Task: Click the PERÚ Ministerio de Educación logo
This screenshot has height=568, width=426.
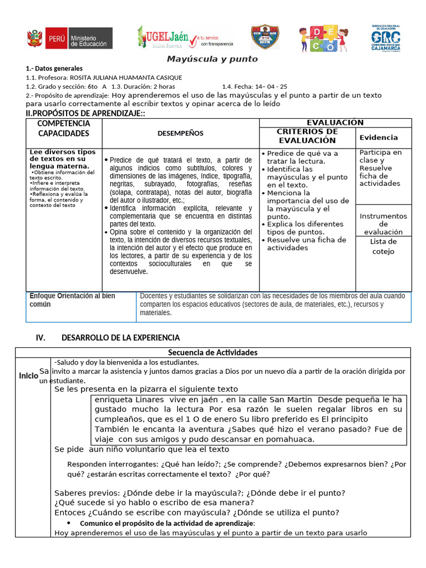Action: [x=69, y=38]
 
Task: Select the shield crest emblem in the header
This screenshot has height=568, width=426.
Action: [x=265, y=38]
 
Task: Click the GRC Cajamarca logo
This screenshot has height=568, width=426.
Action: [x=387, y=39]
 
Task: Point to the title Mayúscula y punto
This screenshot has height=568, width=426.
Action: [x=213, y=59]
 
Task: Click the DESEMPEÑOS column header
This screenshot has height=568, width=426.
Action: [x=180, y=133]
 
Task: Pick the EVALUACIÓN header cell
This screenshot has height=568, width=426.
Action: [x=335, y=123]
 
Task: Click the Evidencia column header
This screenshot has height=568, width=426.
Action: [x=379, y=137]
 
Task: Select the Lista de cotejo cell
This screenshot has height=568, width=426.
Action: [x=383, y=246]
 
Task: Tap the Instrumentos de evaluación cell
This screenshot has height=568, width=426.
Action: [x=383, y=224]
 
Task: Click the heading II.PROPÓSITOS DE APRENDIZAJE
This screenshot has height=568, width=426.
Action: [x=85, y=113]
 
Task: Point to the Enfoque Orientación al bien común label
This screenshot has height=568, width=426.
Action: [x=72, y=300]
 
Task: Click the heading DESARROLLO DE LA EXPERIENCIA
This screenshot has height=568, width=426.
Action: [x=120, y=337]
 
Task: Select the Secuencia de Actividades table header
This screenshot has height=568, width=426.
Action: [x=213, y=353]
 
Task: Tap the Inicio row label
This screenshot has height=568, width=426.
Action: [x=28, y=376]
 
